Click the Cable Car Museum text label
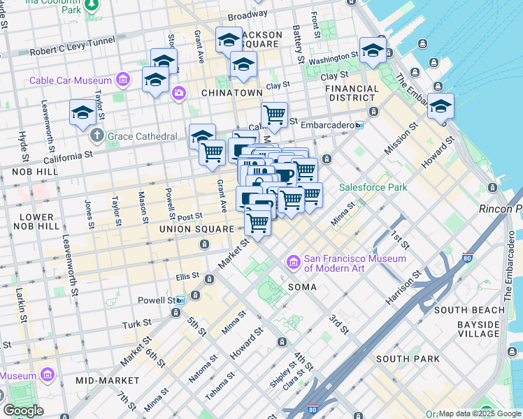(72, 80)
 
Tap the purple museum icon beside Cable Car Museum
(124, 79)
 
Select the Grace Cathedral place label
(143, 136)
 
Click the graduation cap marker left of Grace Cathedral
(83, 112)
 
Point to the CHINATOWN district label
(231, 93)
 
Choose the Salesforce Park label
(373, 187)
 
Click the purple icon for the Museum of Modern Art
(293, 263)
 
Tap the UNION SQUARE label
(196, 229)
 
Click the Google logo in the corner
(23, 410)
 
